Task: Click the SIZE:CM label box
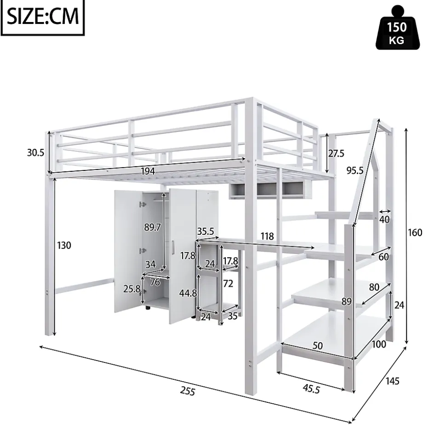pos(43,17)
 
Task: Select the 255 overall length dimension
pos(188,391)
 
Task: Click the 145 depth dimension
pos(392,381)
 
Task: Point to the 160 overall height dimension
pos(414,232)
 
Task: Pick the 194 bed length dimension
pos(148,171)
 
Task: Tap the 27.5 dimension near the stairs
pos(336,153)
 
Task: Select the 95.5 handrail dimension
pos(355,170)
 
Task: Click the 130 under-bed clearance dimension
pos(64,245)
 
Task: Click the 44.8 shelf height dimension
pos(189,293)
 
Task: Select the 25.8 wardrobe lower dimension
pos(132,289)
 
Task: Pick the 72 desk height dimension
pos(228,283)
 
